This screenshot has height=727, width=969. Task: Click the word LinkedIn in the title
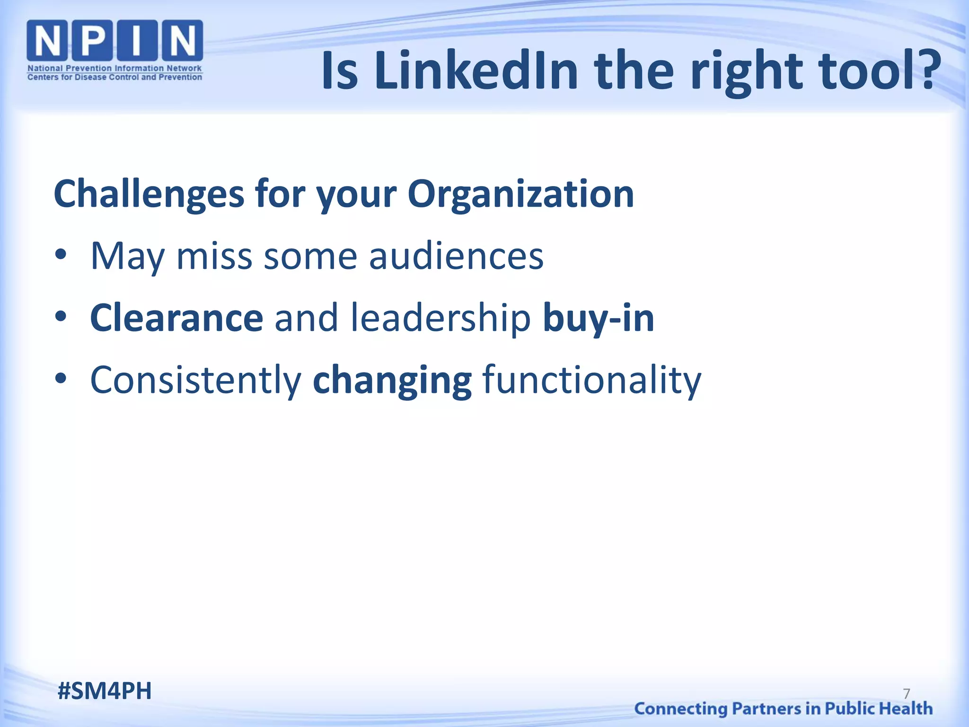pyautogui.click(x=476, y=71)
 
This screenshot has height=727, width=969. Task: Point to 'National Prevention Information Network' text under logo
pyautogui.click(x=115, y=68)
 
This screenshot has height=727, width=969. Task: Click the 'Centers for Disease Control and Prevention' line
pyautogui.click(x=115, y=77)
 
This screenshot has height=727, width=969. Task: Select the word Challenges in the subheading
pyautogui.click(x=149, y=194)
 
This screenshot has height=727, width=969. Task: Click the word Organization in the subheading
pyautogui.click(x=520, y=194)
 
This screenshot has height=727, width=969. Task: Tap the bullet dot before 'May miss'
pyautogui.click(x=61, y=256)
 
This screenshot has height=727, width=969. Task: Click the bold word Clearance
pyautogui.click(x=176, y=318)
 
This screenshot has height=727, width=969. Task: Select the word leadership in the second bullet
pyautogui.click(x=440, y=318)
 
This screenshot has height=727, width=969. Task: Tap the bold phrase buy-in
pyautogui.click(x=599, y=318)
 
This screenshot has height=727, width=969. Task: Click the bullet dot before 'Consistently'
pyautogui.click(x=61, y=380)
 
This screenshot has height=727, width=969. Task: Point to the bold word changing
pyautogui.click(x=392, y=381)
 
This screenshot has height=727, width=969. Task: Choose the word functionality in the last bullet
pyautogui.click(x=591, y=381)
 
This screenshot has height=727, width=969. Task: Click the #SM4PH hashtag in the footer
pyautogui.click(x=105, y=691)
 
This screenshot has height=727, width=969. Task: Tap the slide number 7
pyautogui.click(x=907, y=693)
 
